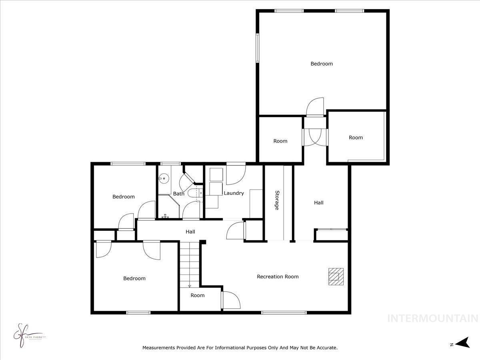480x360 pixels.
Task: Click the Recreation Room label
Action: point(278,276)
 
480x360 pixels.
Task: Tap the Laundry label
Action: point(234,193)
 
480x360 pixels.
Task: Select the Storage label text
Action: point(276,200)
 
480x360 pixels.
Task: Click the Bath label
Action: point(178,194)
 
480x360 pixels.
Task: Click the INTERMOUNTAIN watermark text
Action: point(433,318)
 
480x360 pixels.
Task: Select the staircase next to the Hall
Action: point(189,264)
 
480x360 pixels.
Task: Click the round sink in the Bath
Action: point(164,179)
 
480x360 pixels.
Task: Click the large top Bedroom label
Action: point(322,64)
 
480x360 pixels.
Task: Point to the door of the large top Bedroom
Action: point(315,107)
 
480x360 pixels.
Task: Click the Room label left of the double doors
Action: point(280,141)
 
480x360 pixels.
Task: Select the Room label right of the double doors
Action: point(356,137)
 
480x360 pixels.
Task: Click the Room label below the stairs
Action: point(197,295)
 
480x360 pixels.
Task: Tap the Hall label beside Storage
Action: point(318,203)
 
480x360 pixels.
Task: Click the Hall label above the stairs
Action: point(190,232)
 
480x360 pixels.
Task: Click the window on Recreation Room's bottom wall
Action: point(284,312)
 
